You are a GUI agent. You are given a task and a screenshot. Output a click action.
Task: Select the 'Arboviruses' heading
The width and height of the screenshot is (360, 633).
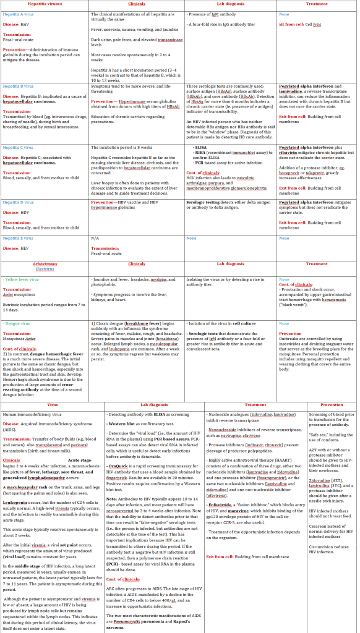(45, 264)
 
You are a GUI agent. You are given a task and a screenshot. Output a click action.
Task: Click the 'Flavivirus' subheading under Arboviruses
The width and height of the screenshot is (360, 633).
(45, 269)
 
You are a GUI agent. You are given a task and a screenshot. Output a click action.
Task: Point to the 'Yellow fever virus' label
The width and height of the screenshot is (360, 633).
(21, 279)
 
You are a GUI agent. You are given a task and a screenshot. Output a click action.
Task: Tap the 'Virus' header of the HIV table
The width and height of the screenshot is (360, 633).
(52, 405)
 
